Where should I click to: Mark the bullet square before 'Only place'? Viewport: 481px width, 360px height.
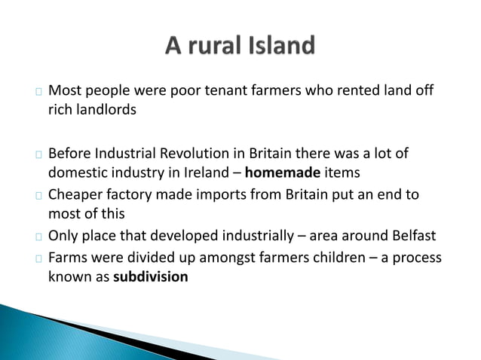(37, 237)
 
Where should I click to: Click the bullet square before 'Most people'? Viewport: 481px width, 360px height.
(37, 93)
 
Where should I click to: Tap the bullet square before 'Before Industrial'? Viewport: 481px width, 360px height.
(37, 155)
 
